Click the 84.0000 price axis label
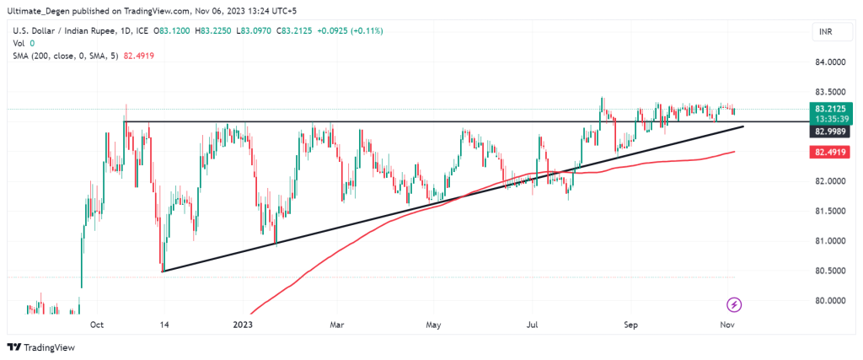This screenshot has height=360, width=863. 830,62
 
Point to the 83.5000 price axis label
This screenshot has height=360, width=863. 830,92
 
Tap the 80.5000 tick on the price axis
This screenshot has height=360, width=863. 830,271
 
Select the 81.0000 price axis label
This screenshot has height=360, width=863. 830,241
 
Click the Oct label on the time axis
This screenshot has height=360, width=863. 96,323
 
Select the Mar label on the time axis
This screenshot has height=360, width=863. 337,323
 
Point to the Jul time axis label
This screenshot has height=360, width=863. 533,323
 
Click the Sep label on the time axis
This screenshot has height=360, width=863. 630,323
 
